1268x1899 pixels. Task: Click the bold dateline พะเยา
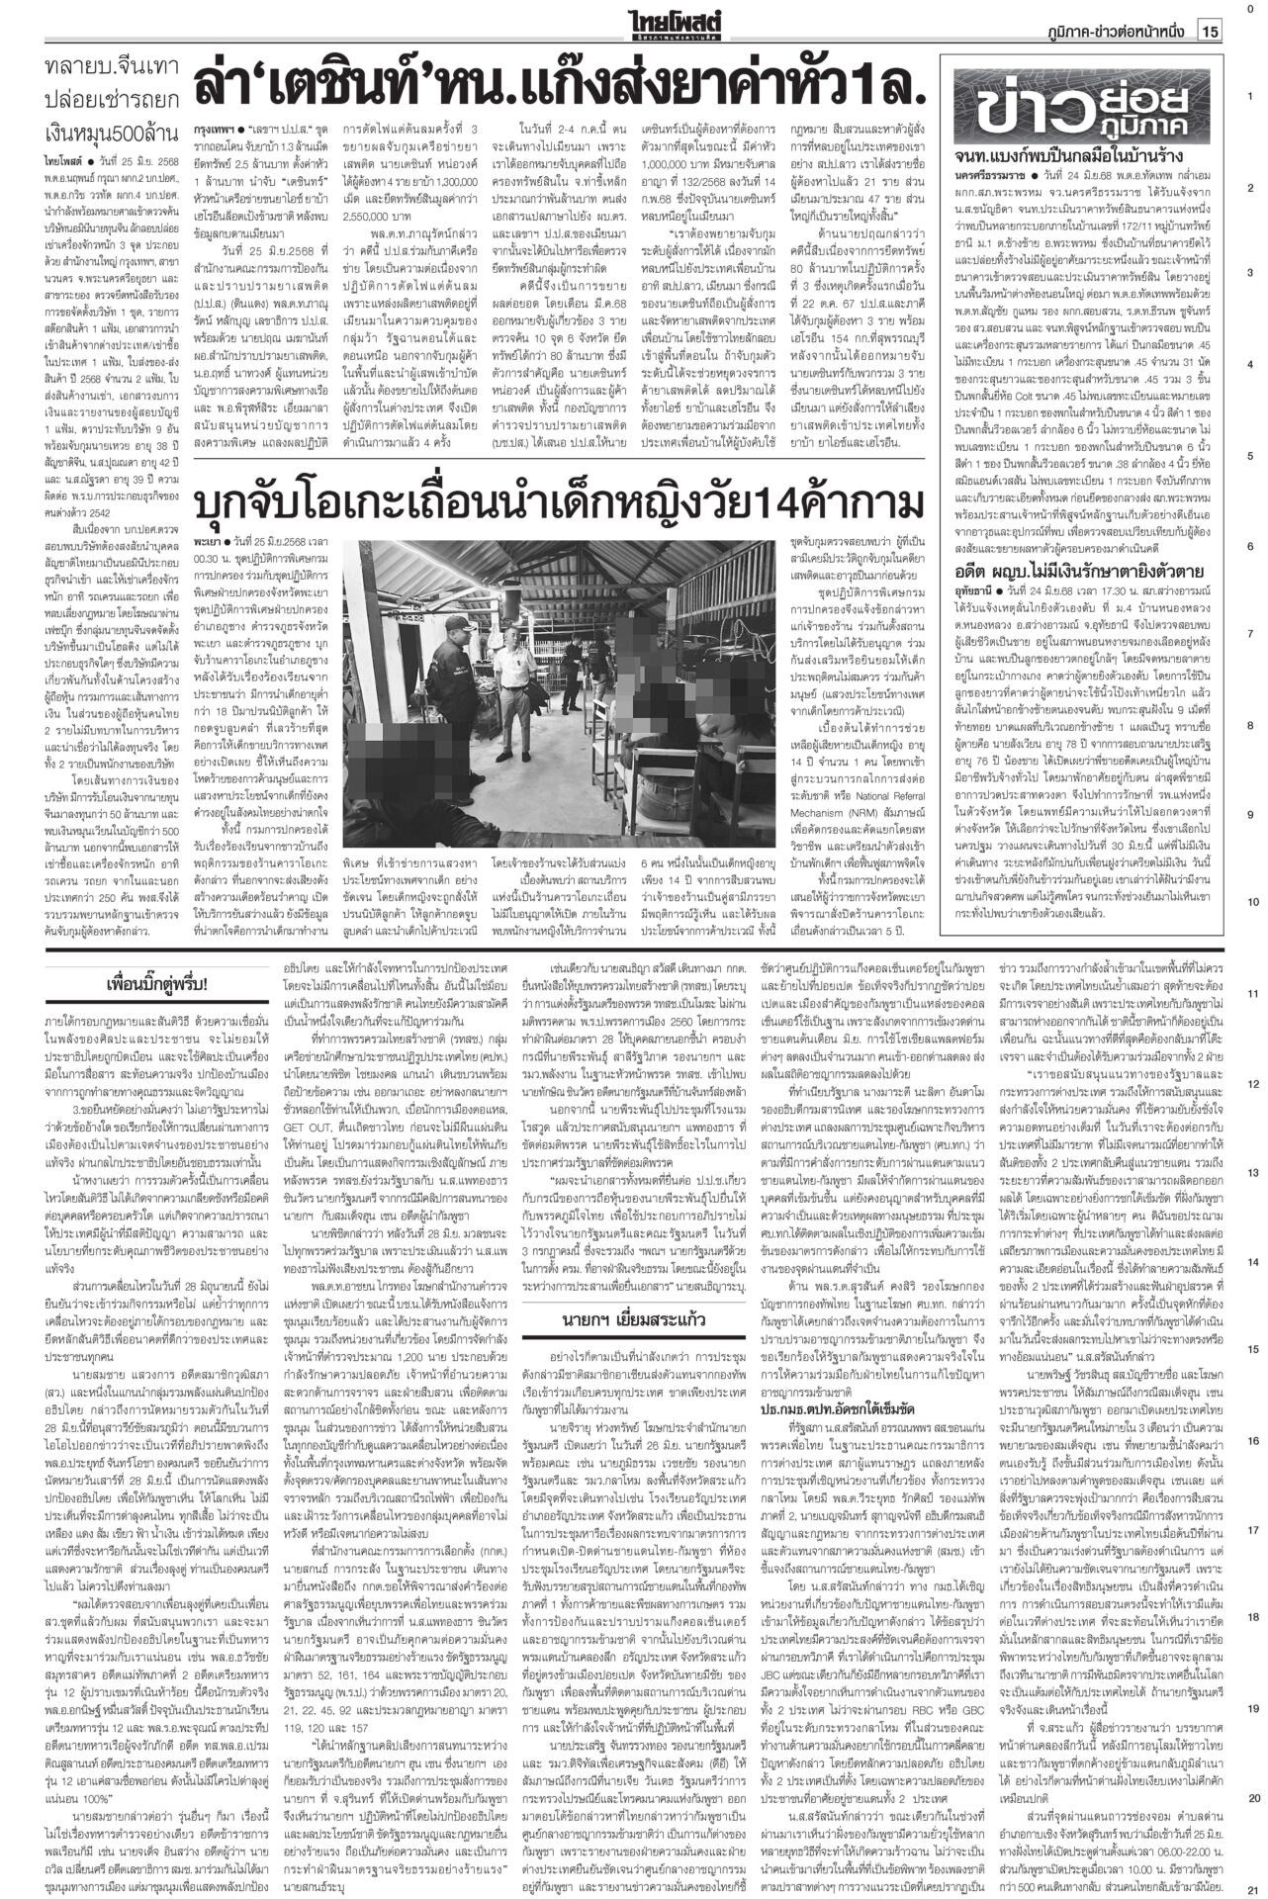209,541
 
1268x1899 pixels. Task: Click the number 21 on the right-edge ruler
1251,1887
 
